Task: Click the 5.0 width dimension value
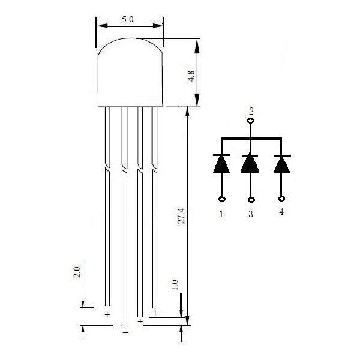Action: [127, 20]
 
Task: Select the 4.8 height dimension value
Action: [191, 76]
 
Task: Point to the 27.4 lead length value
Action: [181, 216]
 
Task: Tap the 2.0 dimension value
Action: [77, 272]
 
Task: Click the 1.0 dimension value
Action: [175, 285]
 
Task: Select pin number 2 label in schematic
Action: [251, 112]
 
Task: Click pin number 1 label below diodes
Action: [221, 214]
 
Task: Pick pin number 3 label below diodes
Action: [251, 214]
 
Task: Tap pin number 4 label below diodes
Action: [281, 212]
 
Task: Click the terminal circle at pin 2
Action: [250, 121]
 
